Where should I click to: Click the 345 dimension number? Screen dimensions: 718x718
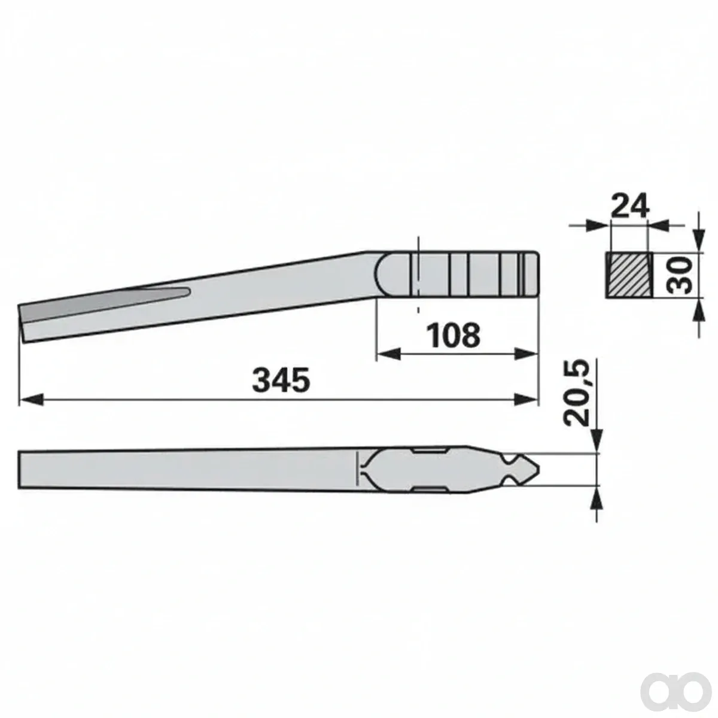[281, 380]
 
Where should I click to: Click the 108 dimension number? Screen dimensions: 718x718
[454, 335]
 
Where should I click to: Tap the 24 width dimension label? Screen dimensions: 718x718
[630, 205]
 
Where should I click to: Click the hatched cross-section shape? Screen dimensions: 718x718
[629, 275]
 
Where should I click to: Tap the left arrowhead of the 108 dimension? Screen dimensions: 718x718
[389, 354]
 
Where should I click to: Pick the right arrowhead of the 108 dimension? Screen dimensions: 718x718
[525, 354]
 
